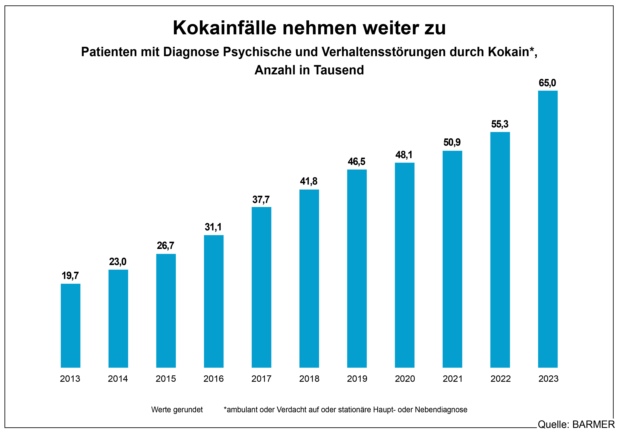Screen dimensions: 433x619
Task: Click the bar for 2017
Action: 261,287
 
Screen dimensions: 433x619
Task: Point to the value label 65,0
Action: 547,83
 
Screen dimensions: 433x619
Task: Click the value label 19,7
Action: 70,276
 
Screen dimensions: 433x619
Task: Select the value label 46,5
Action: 356,162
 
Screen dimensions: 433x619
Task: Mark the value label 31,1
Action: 213,227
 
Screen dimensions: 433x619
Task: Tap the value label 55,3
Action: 500,124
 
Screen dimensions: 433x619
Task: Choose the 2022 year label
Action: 500,379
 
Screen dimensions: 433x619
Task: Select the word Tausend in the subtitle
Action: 339,70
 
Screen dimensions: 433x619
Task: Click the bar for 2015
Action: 166,311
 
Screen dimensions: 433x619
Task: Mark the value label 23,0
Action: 118,262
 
